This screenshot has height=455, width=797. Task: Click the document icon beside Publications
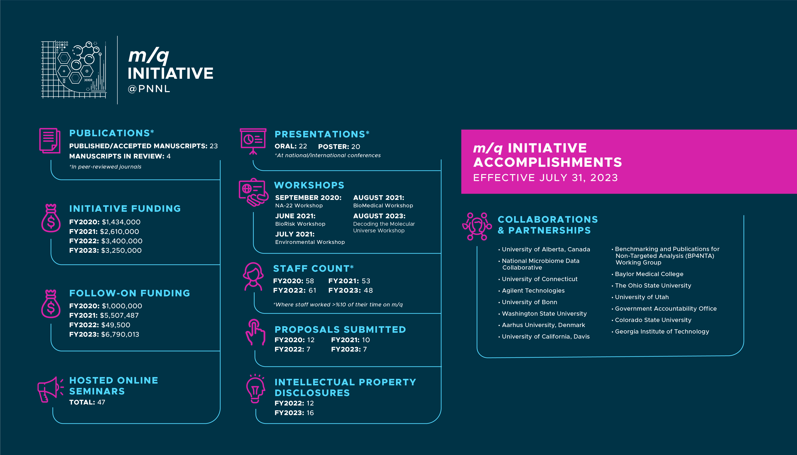point(50,141)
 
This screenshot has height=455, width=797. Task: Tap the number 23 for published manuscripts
point(214,146)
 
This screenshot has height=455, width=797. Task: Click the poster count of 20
point(356,147)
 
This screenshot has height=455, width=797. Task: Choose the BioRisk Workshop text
point(300,224)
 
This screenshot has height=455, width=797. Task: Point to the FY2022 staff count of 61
point(312,290)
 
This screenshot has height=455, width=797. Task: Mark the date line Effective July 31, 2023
point(546,177)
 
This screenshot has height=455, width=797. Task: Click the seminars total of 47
point(101,402)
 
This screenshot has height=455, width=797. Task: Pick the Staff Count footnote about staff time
point(338,304)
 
